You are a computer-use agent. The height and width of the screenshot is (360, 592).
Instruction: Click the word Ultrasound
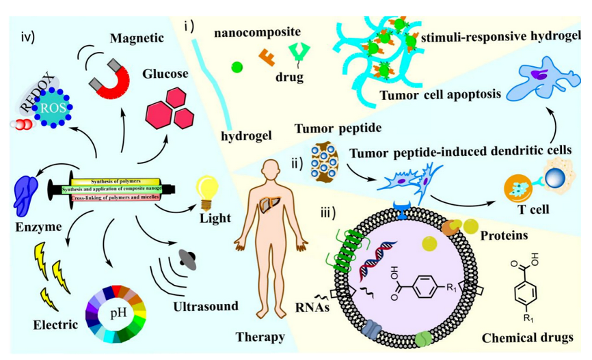pos(205,306)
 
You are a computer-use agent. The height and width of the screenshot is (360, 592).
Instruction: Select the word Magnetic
pos(137,38)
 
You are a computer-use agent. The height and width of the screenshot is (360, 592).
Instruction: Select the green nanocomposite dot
pos(237,67)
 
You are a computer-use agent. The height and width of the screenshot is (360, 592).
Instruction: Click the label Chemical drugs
pos(527,337)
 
